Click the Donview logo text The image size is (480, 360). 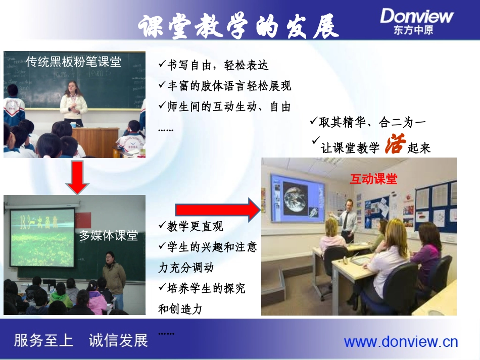(x=417, y=16)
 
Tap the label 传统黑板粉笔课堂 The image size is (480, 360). (x=74, y=62)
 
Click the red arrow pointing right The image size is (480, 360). (x=217, y=209)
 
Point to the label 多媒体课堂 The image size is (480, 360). (x=109, y=235)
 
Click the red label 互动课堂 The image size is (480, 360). (x=373, y=179)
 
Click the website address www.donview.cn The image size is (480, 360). (x=401, y=342)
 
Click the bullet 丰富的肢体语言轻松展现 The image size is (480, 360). (x=225, y=86)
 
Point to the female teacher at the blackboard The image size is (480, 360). (x=74, y=103)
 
